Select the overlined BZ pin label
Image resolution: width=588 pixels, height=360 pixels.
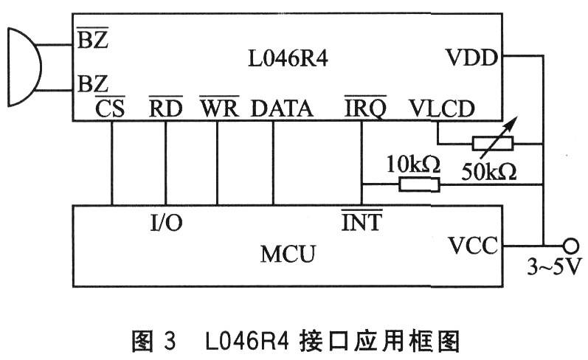93,38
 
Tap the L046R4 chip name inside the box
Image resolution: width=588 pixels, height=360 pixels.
288,59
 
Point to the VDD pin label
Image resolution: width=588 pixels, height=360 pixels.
471,58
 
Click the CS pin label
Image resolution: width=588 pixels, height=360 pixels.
110,108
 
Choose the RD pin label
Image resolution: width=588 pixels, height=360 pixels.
166,108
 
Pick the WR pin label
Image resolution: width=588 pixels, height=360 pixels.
219,108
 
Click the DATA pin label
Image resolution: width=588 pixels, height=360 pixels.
282,108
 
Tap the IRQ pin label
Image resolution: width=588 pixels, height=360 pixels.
365,108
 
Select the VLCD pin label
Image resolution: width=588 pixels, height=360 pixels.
442,108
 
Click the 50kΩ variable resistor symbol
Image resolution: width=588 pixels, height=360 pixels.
493,142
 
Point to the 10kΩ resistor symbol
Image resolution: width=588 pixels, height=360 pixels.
419,184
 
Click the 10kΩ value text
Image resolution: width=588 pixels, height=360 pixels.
413,164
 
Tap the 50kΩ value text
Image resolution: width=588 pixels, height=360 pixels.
489,172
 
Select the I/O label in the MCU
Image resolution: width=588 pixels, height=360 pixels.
166,222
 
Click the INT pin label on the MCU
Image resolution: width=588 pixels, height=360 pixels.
362,221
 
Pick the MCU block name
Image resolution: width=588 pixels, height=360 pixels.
288,254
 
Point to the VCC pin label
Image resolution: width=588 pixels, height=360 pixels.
473,246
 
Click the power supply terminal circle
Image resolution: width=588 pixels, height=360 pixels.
571,246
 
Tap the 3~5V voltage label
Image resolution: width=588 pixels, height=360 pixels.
555,266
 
